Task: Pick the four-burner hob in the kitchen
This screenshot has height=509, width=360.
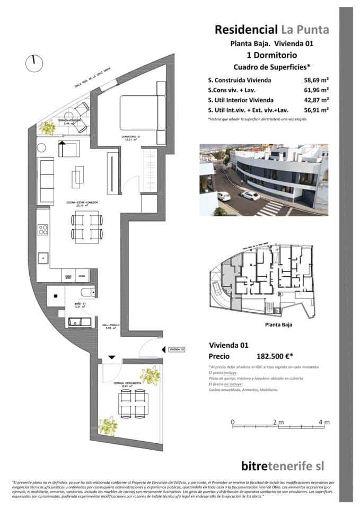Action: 43,230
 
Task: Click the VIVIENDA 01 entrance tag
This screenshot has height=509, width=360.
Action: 175,349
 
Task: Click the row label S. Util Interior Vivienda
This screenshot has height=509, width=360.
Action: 241,100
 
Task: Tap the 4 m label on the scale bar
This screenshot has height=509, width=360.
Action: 324,422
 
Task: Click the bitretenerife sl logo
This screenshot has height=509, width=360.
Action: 282,466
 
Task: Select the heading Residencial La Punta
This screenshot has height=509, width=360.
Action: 271,30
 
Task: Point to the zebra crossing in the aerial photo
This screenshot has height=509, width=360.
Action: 270,208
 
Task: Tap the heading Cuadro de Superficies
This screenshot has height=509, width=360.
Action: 271,67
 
